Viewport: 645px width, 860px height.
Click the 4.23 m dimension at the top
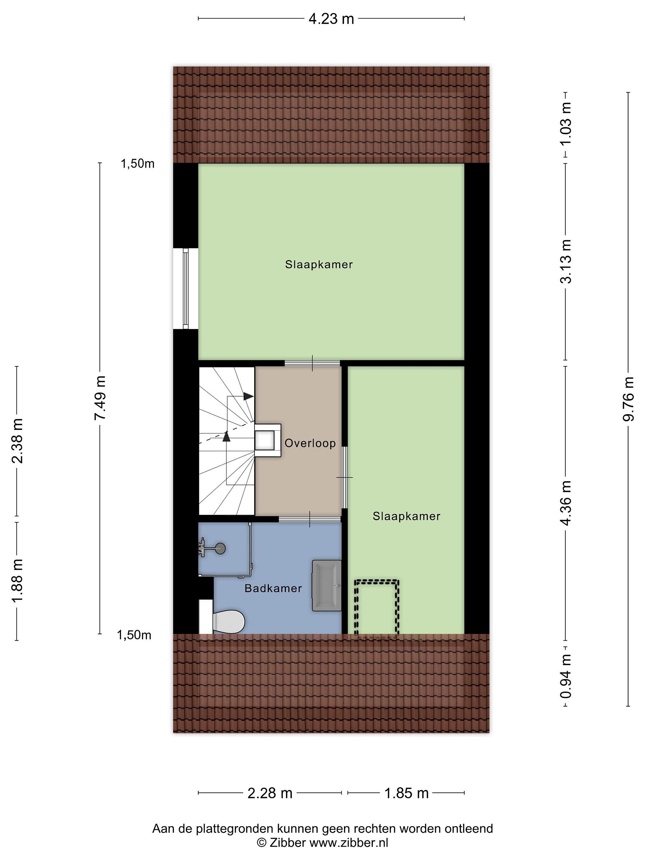[331, 18]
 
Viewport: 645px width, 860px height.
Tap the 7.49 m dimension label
[100, 397]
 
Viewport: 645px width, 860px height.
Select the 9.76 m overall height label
[628, 399]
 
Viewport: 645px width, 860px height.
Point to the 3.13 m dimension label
[566, 261]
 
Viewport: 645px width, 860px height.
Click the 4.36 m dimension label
[566, 503]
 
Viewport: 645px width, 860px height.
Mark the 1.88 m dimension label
[17, 581]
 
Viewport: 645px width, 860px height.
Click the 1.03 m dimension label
[566, 123]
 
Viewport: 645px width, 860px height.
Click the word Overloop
[310, 443]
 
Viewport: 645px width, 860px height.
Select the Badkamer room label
[273, 588]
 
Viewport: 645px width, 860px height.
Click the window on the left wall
[185, 288]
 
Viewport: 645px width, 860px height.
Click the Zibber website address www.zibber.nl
[349, 850]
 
